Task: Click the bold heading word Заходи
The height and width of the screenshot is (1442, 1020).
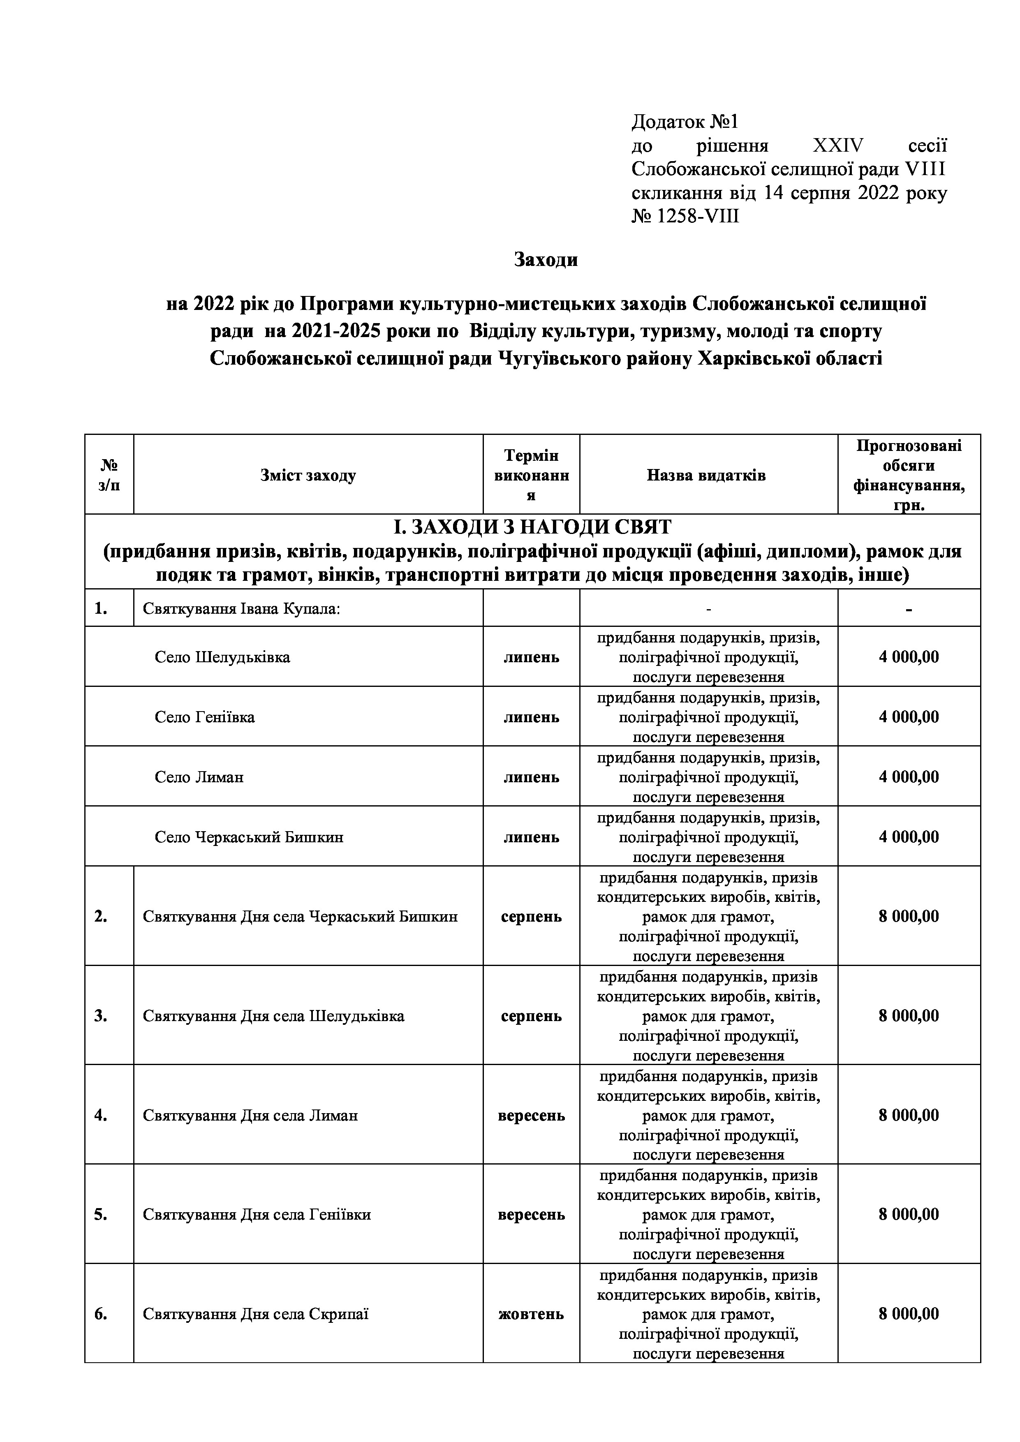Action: click(546, 259)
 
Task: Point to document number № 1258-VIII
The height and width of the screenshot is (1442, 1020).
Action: click(685, 217)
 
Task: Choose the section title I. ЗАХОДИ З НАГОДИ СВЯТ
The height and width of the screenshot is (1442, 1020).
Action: click(532, 527)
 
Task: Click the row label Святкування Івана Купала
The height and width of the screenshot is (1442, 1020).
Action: click(241, 609)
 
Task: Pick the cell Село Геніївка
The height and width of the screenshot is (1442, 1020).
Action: click(205, 717)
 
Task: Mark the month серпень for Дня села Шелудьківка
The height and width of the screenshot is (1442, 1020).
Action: click(531, 1016)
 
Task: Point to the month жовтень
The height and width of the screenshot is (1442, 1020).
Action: click(531, 1313)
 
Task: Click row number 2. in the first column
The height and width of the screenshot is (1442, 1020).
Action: click(100, 916)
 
